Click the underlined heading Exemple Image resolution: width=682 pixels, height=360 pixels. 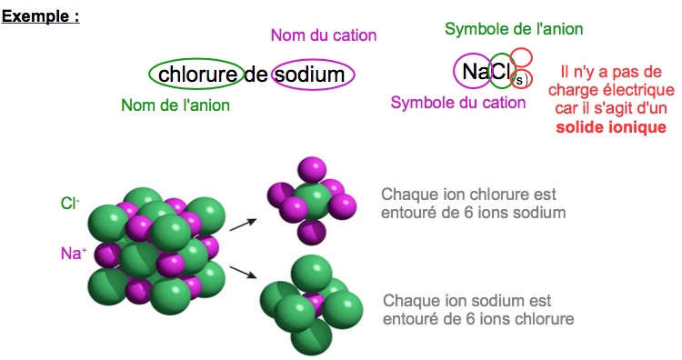40,16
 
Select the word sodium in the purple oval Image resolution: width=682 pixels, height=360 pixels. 312,75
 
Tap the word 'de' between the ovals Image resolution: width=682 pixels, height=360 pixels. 256,75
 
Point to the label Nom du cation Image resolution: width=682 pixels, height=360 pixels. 324,36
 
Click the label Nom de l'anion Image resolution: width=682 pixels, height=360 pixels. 176,105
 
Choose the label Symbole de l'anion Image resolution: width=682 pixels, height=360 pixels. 514,29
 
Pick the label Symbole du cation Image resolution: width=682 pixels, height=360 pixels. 458,103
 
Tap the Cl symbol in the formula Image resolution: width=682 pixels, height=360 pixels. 501,70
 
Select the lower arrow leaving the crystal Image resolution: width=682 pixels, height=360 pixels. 241,270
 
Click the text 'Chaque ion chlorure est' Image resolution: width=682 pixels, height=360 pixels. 468,195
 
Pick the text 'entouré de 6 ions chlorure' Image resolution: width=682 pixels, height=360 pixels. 478,319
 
